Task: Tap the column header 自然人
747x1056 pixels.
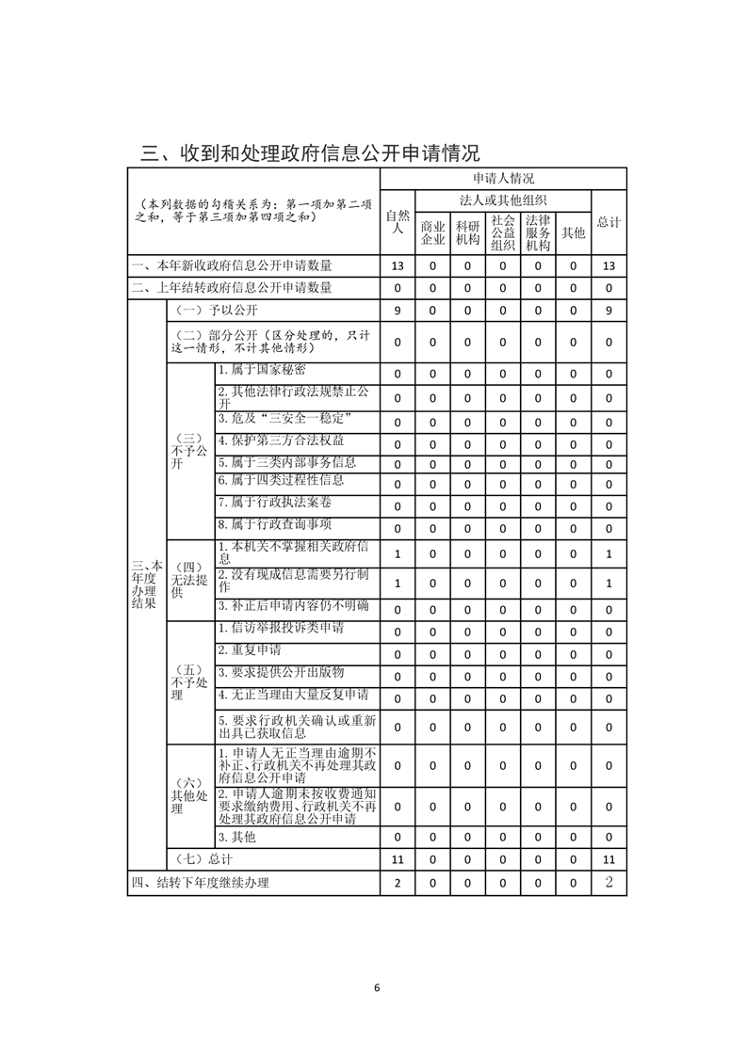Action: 398,221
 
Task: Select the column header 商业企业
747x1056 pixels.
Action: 432,232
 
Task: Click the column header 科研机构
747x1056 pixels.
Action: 467,232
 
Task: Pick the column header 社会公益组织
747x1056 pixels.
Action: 502,232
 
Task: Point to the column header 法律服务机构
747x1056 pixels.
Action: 538,232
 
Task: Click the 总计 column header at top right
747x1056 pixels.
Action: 609,222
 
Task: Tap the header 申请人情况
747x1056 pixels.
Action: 503,178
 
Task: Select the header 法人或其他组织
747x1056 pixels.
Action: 503,200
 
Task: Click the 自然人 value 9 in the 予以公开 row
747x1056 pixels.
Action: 398,311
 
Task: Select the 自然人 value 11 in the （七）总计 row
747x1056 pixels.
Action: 398,859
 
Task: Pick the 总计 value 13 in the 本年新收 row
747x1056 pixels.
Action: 609,266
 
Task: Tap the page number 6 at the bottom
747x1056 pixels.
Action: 376,987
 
